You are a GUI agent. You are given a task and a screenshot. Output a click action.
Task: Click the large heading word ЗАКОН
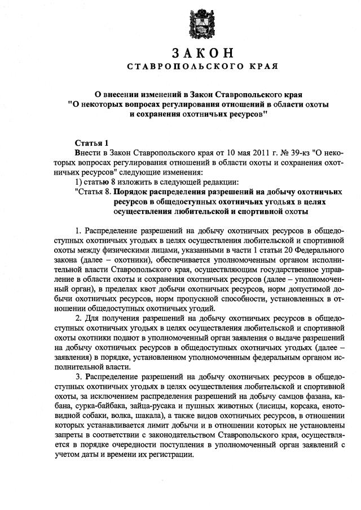click(x=202, y=54)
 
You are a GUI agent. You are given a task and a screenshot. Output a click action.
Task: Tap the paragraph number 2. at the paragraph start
click(x=78, y=319)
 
